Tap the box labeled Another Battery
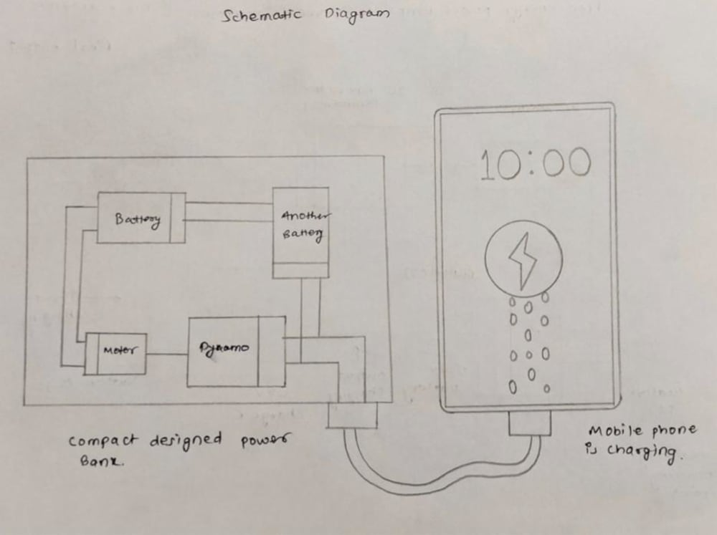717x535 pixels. coord(301,226)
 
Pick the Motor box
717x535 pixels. coord(116,352)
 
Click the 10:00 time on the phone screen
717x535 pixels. coord(535,164)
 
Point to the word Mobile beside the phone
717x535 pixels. coord(610,431)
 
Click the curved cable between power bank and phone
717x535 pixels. coord(430,481)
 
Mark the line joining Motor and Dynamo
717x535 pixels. coord(167,353)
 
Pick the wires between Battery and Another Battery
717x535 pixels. coord(228,211)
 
